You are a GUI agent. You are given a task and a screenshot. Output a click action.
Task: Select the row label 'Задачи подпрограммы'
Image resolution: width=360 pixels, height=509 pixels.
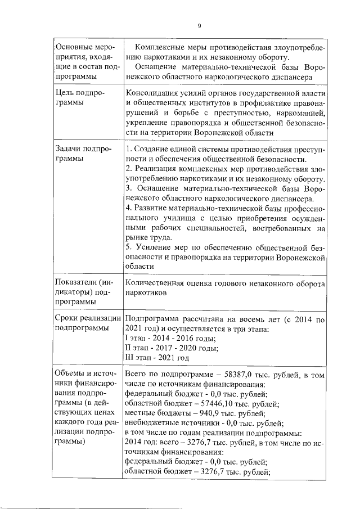click(82, 154)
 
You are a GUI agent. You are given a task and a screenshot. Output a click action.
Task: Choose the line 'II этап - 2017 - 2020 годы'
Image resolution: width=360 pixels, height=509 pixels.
click(171, 348)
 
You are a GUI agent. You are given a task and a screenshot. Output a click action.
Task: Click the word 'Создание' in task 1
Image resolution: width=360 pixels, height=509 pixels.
click(151, 150)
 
